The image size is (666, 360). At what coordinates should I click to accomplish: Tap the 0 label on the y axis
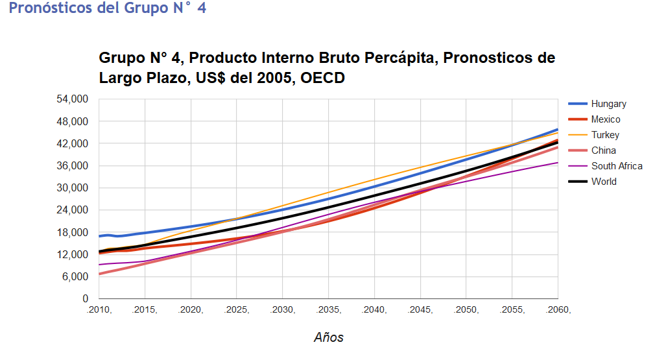pyautogui.click(x=85, y=299)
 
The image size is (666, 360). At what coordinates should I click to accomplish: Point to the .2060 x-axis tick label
pyautogui.click(x=558, y=310)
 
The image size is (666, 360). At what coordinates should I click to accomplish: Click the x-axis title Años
pyautogui.click(x=328, y=337)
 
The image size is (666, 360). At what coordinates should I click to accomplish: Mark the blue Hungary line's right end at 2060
pyautogui.click(x=558, y=129)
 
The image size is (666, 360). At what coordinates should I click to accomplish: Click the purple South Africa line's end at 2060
pyautogui.click(x=558, y=162)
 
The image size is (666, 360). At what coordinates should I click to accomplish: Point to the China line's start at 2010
pyautogui.click(x=99, y=274)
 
